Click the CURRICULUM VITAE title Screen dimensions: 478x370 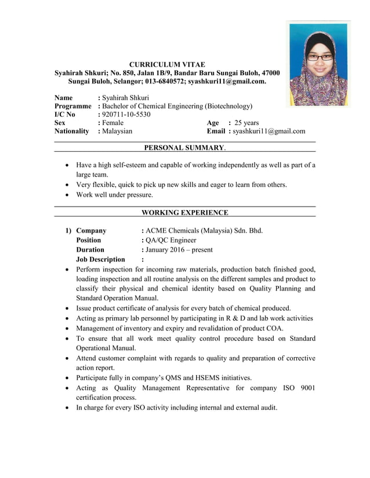pyautogui.click(x=166, y=64)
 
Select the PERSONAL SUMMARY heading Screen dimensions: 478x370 pyautogui.click(x=184, y=148)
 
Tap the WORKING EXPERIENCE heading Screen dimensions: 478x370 pyautogui.click(x=184, y=212)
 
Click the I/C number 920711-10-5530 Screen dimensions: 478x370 pyautogui.click(x=126, y=115)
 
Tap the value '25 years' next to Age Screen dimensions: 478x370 pyautogui.click(x=246, y=123)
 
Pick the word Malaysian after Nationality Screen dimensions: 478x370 pyautogui.click(x=117, y=131)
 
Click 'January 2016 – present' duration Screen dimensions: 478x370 pyautogui.click(x=179, y=250)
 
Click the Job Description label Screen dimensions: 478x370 pyautogui.click(x=100, y=259)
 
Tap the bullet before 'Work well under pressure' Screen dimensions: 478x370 pyautogui.click(x=70, y=195)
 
